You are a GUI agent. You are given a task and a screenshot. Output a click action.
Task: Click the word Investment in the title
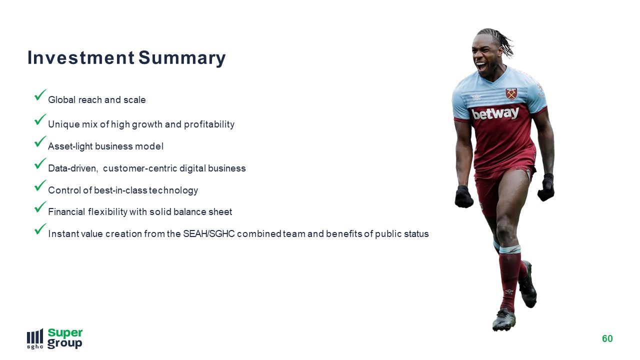[x=81, y=57]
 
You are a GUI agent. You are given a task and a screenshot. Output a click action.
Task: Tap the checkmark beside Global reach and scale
[x=40, y=94]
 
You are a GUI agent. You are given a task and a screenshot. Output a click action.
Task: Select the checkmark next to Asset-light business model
[x=40, y=141]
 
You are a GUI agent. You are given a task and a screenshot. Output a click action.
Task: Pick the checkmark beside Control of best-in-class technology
[x=40, y=185]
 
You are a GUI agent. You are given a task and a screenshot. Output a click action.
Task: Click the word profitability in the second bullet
[x=209, y=124]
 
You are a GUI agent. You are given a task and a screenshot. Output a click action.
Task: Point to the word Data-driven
[x=73, y=168]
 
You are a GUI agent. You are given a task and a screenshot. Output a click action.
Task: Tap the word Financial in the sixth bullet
[x=66, y=211]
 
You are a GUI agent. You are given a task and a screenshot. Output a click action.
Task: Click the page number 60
[x=607, y=338]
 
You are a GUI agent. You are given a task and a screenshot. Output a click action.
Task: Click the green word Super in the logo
[x=65, y=333]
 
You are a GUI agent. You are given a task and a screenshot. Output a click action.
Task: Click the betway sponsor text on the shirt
[x=495, y=113]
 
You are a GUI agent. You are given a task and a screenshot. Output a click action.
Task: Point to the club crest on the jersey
[x=511, y=94]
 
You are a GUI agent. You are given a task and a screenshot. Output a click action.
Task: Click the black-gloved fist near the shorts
[x=463, y=196]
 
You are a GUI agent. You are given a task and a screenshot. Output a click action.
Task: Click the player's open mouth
[x=480, y=66]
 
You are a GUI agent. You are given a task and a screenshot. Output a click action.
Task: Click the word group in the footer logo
[x=64, y=343]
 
